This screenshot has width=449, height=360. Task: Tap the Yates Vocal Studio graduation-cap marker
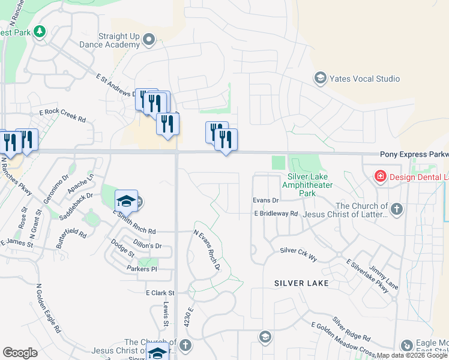click(x=320, y=78)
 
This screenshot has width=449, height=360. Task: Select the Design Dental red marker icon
click(x=379, y=176)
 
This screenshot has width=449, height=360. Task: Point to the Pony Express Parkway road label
click(x=414, y=154)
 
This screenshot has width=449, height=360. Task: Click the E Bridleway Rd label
click(x=276, y=213)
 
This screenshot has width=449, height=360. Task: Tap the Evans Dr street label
click(x=266, y=200)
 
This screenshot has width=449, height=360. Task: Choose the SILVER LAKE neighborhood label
click(x=301, y=283)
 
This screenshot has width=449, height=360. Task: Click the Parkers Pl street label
click(x=141, y=269)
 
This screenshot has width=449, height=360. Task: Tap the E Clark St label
click(x=159, y=293)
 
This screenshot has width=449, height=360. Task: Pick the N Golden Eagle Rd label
click(x=48, y=308)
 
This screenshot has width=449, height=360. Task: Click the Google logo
click(x=20, y=353)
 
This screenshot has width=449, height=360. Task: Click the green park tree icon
click(x=40, y=31)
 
